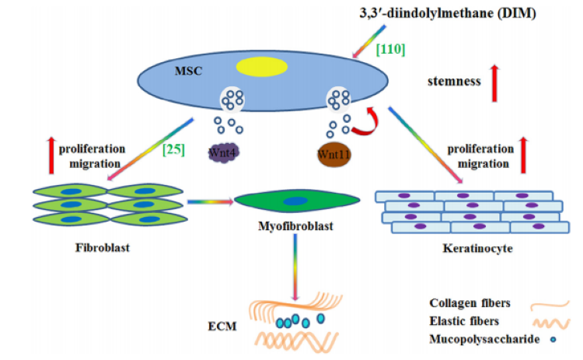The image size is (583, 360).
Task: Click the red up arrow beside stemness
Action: pyautogui.click(x=494, y=82)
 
